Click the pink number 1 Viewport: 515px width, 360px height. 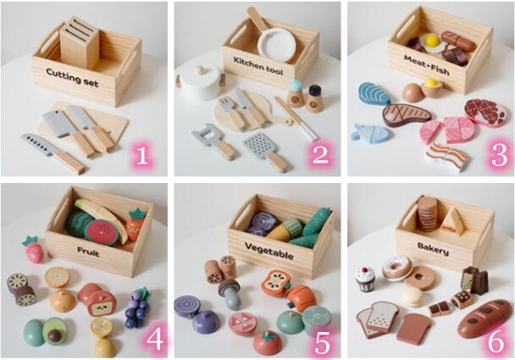click(142, 155)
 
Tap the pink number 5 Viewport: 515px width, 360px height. click(322, 343)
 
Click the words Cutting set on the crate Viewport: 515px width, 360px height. click(72, 77)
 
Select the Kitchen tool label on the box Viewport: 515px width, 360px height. click(258, 66)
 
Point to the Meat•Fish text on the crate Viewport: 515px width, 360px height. click(426, 65)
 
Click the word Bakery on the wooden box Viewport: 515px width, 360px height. click(433, 249)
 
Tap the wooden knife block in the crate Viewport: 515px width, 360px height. click(80, 42)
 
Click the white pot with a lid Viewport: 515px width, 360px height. click(200, 80)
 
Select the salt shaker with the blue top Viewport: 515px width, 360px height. click(296, 94)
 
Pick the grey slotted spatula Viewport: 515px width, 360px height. click(265, 151)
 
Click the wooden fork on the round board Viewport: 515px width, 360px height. click(231, 112)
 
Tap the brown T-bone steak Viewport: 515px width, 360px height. click(407, 114)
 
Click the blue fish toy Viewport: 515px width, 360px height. click(370, 133)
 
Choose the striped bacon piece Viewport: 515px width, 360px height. click(446, 157)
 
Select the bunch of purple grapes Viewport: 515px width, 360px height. click(136, 307)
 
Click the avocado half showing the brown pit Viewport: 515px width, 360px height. click(54, 330)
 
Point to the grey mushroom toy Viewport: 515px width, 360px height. click(230, 294)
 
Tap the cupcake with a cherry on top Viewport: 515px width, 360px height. click(365, 280)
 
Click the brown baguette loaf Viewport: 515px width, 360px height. click(485, 318)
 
